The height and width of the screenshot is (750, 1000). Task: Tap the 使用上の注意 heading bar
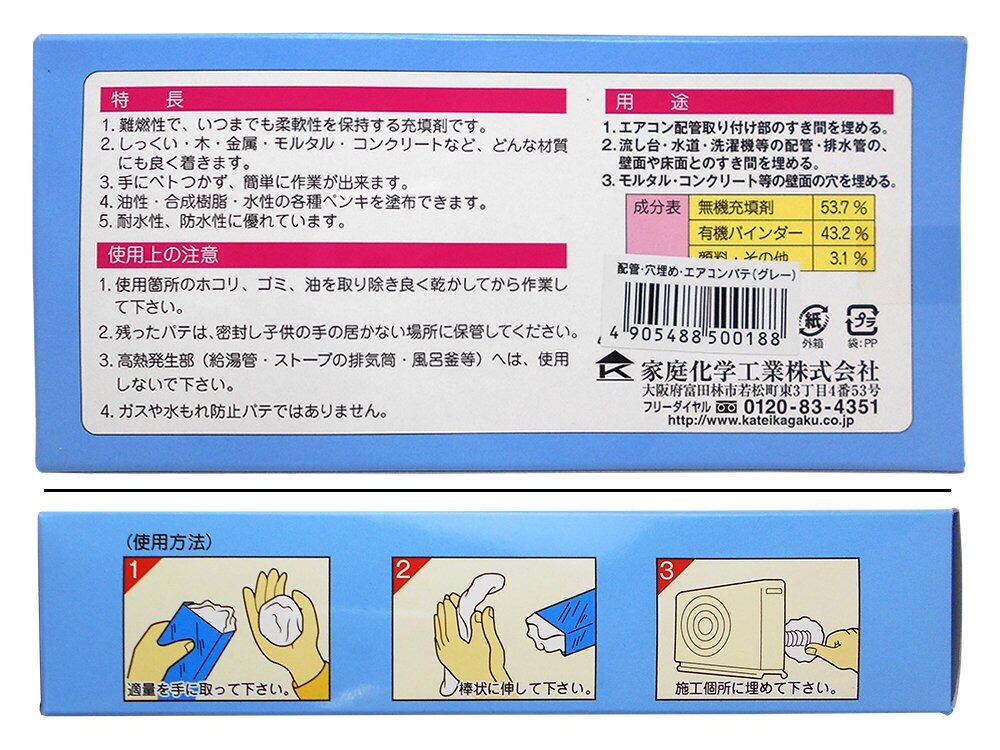tap(332, 255)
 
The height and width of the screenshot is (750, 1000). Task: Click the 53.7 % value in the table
tap(843, 207)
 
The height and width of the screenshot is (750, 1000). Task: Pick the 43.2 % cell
tap(844, 233)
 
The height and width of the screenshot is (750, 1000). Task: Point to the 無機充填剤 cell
tap(735, 207)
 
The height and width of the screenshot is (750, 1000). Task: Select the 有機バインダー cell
tap(749, 233)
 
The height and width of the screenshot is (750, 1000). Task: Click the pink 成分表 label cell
tap(657, 207)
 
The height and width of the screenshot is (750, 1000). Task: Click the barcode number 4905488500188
tap(695, 337)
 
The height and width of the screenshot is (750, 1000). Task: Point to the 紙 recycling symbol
tap(812, 320)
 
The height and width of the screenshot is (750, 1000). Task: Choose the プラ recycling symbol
tap(862, 320)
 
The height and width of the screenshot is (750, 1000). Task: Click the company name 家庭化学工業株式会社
tap(760, 370)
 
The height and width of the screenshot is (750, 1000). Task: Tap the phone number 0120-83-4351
tap(811, 406)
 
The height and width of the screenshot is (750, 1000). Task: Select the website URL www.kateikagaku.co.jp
tap(760, 420)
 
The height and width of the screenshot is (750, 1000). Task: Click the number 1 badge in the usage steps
tap(134, 569)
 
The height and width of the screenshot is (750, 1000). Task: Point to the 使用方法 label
tap(169, 542)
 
